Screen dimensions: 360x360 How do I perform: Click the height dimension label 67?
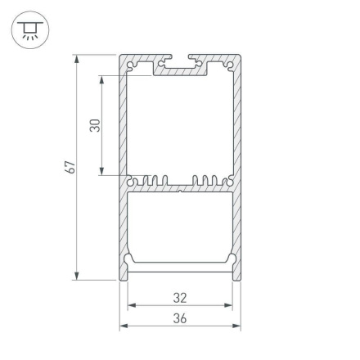pos(71,167)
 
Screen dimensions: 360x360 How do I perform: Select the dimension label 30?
pos(95,125)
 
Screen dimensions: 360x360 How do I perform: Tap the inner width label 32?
pos(180,298)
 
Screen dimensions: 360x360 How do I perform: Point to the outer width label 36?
pos(180,318)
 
